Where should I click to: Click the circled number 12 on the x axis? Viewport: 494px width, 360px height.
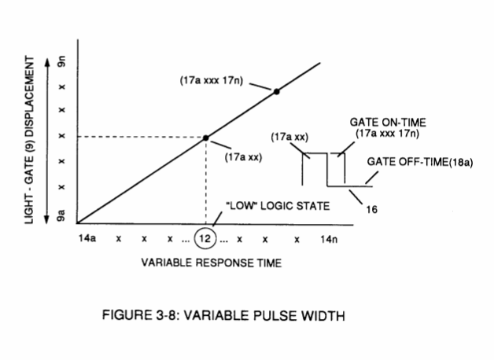point(205,238)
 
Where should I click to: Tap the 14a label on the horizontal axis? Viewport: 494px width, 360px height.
point(87,238)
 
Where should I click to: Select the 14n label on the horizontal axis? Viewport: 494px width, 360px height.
point(329,240)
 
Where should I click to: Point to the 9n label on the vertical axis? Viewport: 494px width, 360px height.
point(61,61)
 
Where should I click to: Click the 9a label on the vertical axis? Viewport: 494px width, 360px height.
point(61,215)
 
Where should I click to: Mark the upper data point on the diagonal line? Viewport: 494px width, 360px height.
point(276,92)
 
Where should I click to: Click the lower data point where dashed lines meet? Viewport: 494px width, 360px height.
point(206,138)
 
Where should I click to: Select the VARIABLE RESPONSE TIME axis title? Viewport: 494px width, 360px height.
point(212,263)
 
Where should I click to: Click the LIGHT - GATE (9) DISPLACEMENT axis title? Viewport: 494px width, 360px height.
point(29,140)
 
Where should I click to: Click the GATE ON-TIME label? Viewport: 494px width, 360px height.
point(388,122)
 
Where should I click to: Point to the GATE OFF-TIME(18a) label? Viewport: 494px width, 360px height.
point(420,162)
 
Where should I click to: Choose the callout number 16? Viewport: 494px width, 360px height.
point(371,209)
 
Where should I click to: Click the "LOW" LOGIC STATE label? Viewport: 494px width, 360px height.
point(278,206)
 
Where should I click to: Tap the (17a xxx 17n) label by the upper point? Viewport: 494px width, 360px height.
point(212,80)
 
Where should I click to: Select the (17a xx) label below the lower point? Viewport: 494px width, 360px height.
point(243,156)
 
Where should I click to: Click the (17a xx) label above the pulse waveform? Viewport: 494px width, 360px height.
point(289,137)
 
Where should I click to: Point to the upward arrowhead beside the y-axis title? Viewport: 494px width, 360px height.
point(47,62)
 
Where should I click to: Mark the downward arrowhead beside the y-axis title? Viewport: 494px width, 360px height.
point(47,220)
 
